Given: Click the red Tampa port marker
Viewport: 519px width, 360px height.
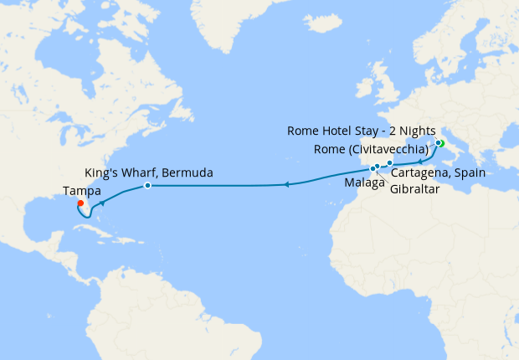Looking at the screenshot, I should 80,203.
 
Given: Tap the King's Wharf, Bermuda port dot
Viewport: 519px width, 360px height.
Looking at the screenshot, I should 147,185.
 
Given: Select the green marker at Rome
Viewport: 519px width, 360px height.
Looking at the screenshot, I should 439,143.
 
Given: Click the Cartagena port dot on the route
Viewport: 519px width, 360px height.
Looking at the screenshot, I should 390,162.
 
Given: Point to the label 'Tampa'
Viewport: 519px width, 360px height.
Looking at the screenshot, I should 78,190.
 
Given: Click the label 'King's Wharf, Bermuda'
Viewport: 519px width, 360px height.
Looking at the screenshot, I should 148,172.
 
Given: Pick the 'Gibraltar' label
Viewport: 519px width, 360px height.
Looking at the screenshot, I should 415,188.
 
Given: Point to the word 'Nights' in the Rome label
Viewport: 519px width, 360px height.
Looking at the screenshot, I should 412,131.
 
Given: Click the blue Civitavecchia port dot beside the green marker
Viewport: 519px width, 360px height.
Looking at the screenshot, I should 436,142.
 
